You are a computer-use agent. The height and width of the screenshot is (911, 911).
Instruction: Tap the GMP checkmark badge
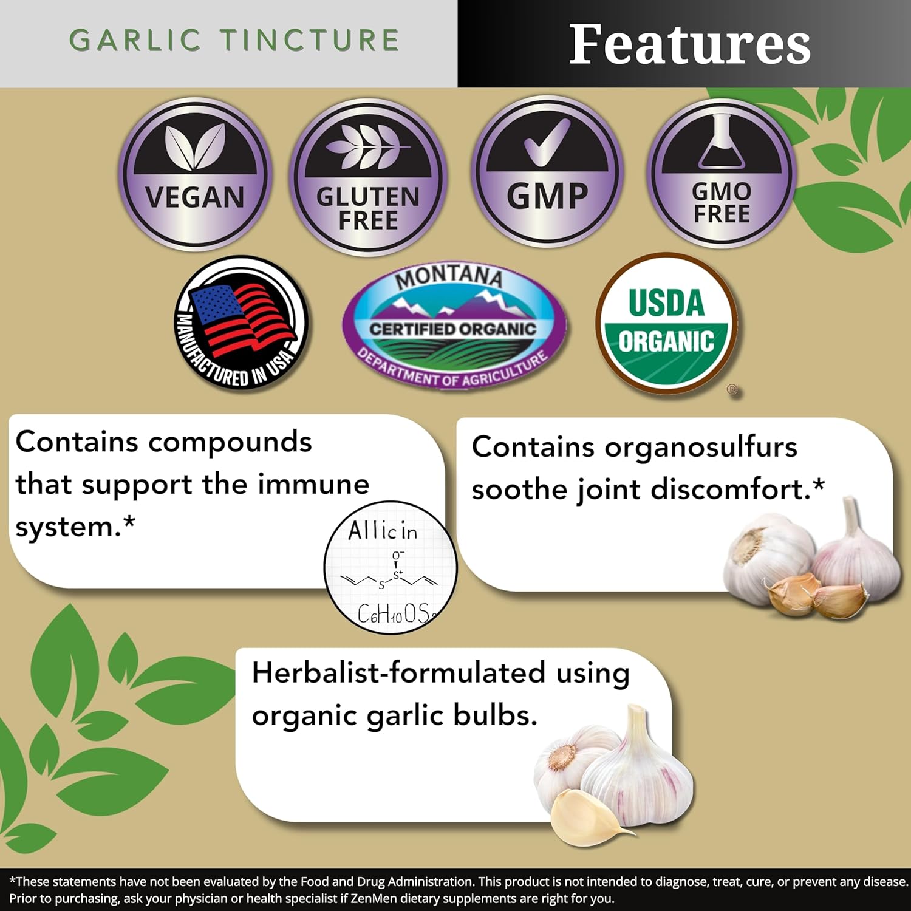click(x=547, y=173)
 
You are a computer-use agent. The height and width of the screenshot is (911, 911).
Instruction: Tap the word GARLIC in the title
click(x=135, y=41)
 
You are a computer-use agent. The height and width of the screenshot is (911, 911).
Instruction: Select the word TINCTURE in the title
click(x=310, y=41)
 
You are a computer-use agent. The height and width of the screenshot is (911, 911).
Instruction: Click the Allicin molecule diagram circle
click(x=391, y=568)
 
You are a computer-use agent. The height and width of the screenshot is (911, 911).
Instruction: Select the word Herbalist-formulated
click(x=398, y=673)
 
